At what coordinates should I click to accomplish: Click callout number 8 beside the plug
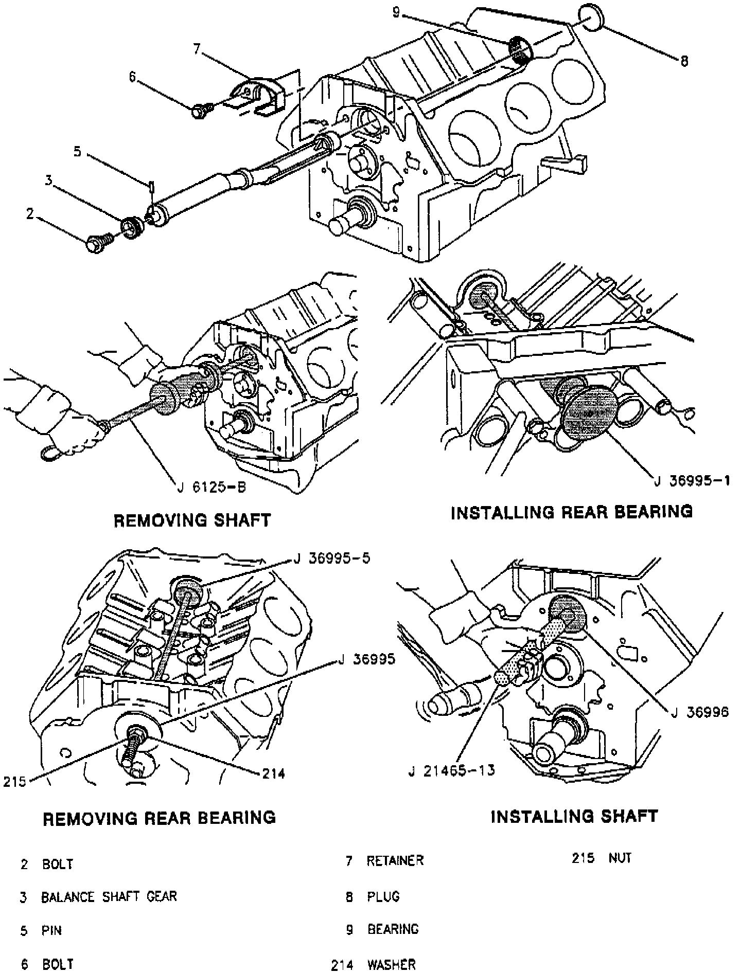tap(684, 61)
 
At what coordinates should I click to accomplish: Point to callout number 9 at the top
tap(396, 11)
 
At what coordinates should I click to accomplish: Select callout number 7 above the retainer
tap(197, 49)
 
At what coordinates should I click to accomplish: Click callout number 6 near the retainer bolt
tap(132, 77)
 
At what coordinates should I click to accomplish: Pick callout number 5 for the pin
tap(77, 152)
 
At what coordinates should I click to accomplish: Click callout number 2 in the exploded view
tap(30, 214)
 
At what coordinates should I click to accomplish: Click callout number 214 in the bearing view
tap(274, 773)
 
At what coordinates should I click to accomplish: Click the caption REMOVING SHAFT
tap(191, 520)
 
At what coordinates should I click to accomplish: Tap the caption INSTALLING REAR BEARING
tap(572, 512)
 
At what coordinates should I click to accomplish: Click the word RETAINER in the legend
tap(395, 860)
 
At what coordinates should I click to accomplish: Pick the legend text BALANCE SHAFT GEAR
tap(109, 897)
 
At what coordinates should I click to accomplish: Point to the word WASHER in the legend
tap(391, 964)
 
